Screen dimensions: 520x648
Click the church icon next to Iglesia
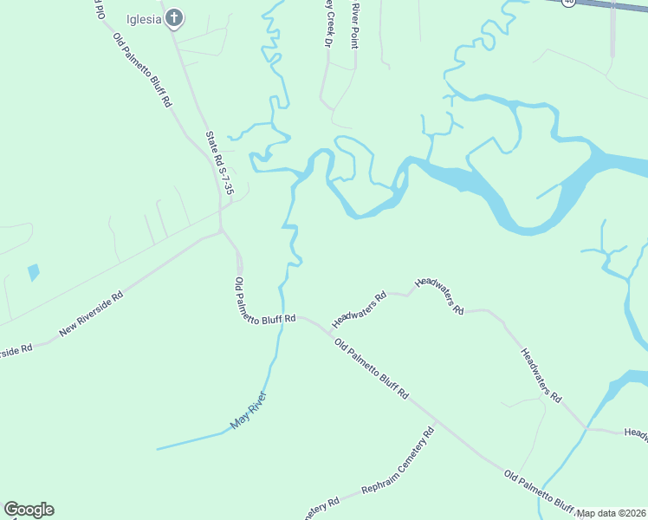coord(174,17)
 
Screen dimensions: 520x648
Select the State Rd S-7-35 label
coord(220,162)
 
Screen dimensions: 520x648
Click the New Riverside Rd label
coord(91,314)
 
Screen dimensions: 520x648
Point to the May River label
coord(249,412)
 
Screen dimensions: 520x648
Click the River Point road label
coord(354,23)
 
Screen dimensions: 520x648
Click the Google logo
coord(29,510)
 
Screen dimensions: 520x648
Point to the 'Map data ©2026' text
coord(611,513)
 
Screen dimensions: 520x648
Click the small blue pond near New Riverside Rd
coord(34,272)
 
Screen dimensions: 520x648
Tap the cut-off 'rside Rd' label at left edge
coord(16,350)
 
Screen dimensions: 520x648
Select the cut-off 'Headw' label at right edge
coord(635,432)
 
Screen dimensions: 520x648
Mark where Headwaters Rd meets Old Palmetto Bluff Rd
coord(331,330)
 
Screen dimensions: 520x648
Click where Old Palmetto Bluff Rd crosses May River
coord(279,315)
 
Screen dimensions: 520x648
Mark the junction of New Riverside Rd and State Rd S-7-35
coord(222,231)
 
